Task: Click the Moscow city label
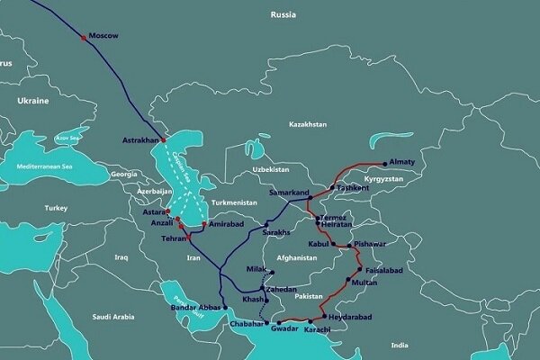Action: pyautogui.click(x=106, y=35)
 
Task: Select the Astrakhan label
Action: pyautogui.click(x=139, y=141)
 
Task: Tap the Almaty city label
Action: pyautogui.click(x=401, y=162)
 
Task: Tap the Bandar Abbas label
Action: pyautogui.click(x=196, y=308)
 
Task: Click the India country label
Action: pyautogui.click(x=400, y=344)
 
